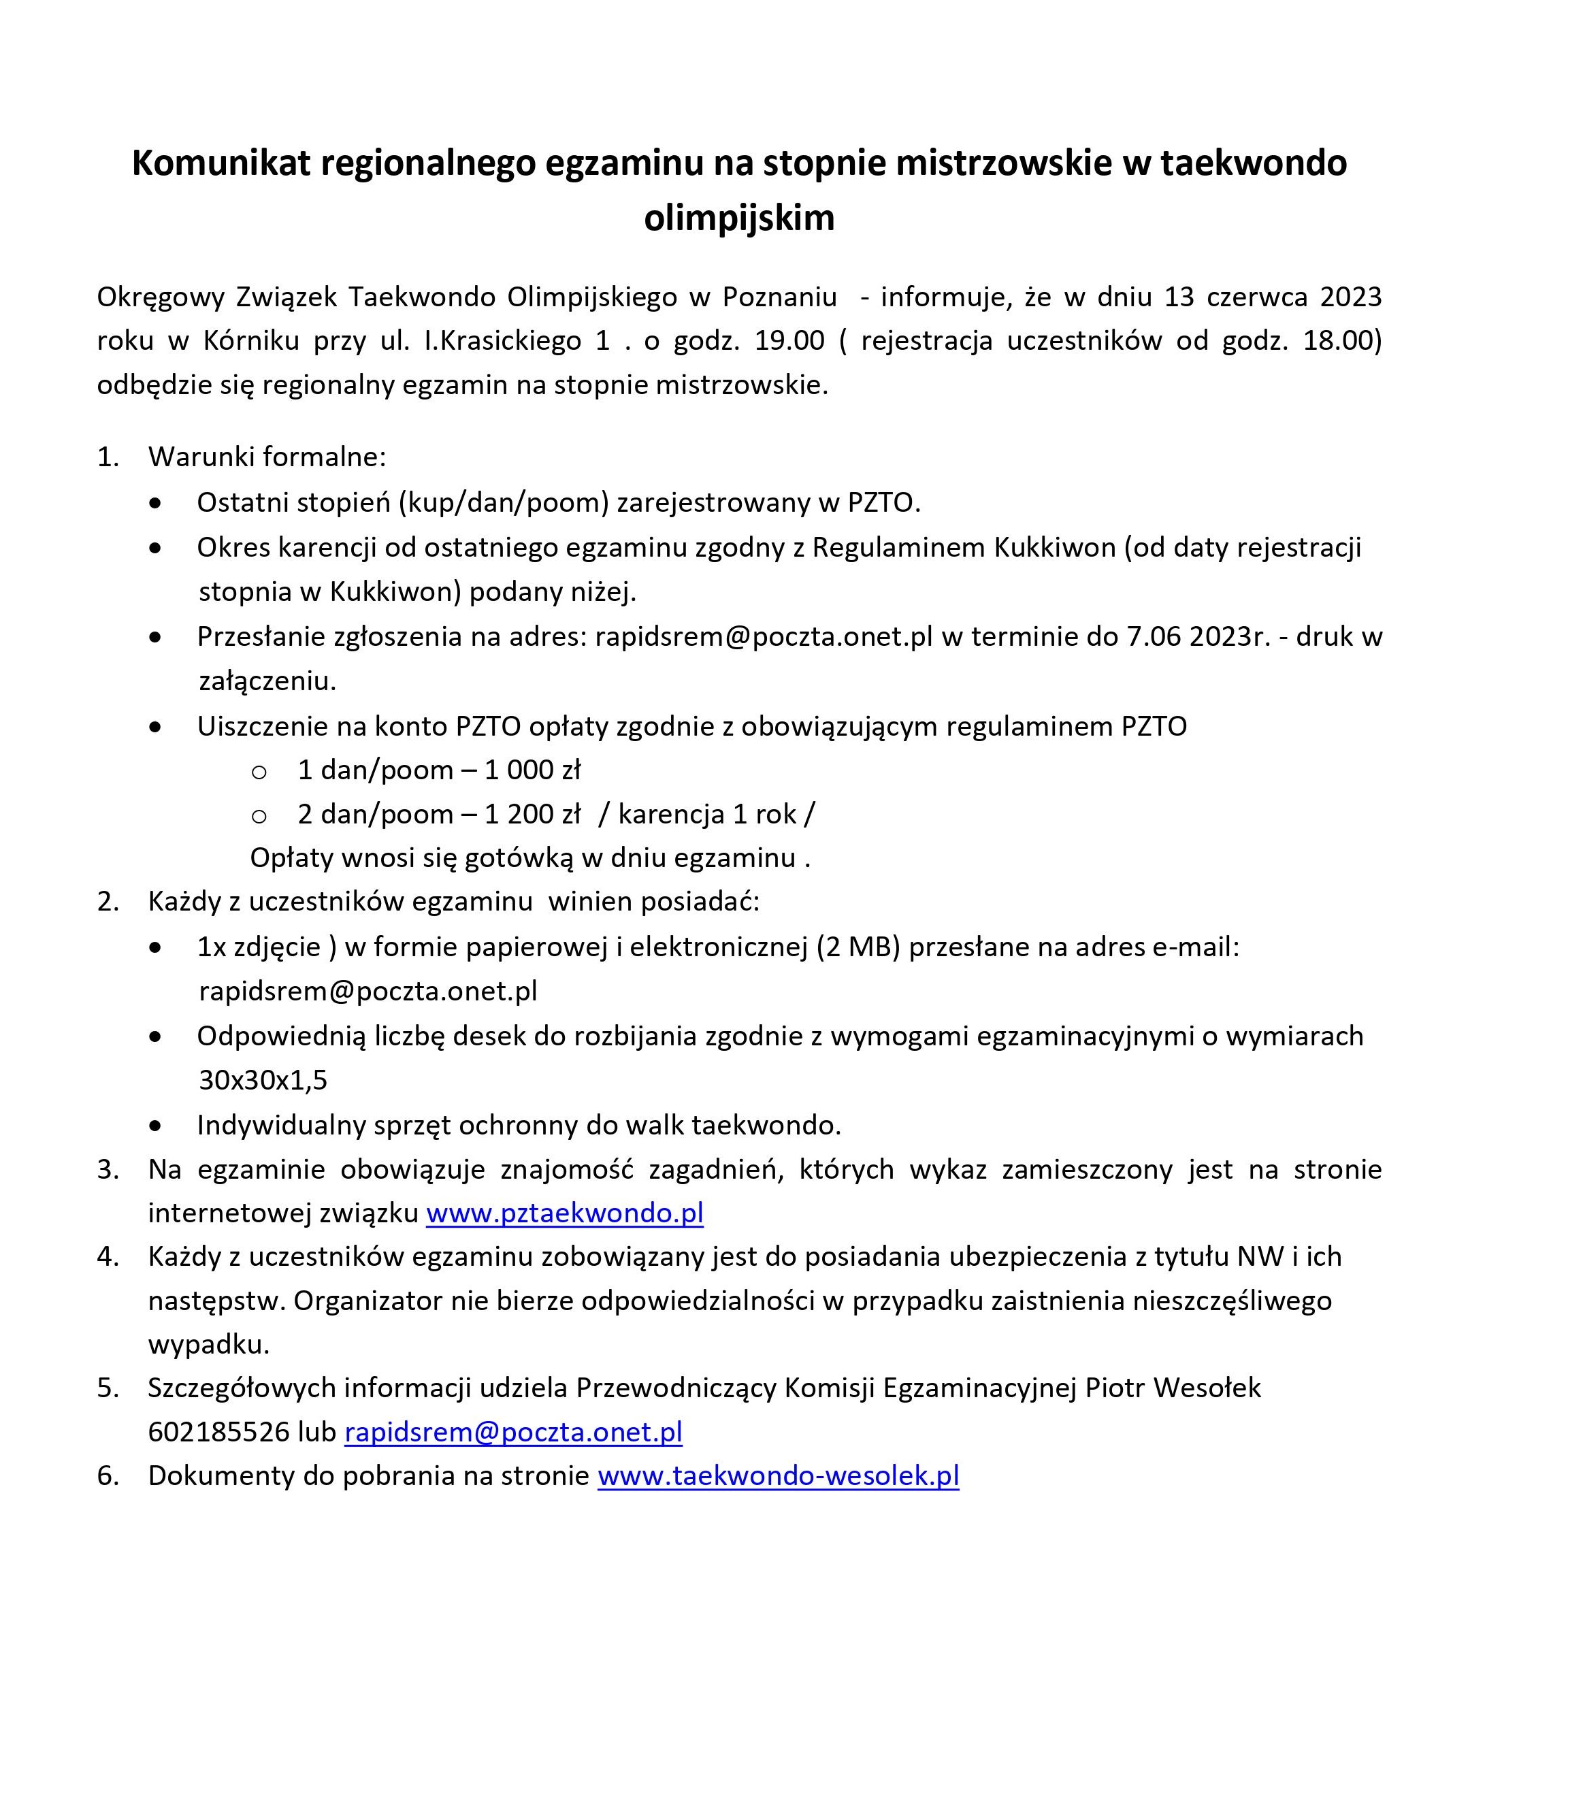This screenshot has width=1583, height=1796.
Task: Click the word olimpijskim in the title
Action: [739, 218]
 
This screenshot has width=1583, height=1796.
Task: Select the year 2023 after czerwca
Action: [1350, 297]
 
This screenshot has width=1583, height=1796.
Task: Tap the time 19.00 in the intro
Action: [789, 341]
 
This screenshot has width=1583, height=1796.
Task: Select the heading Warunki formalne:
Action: [267, 457]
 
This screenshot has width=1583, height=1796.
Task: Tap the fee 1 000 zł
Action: [532, 770]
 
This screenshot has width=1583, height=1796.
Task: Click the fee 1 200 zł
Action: [532, 815]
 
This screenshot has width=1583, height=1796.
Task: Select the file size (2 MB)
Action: [858, 947]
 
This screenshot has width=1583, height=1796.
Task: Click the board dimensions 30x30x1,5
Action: [263, 1080]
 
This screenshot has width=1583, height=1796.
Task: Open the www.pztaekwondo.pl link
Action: [565, 1213]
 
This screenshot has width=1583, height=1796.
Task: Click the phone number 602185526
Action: [218, 1432]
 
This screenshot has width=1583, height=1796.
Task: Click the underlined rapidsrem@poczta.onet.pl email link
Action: [513, 1432]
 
